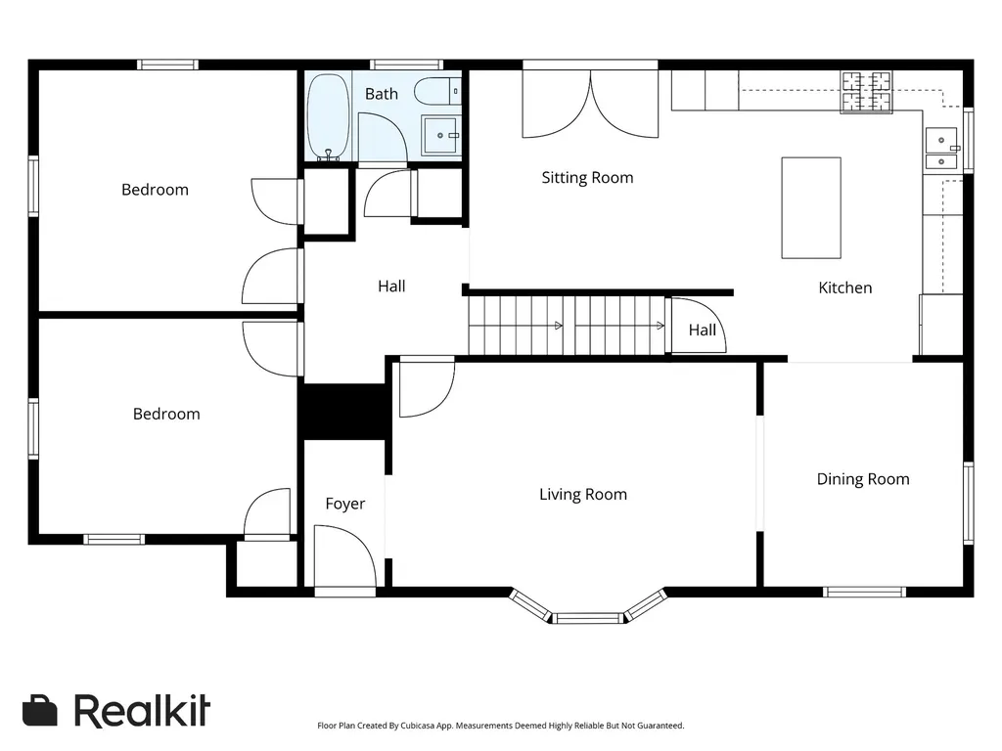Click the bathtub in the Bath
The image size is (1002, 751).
(x=329, y=116)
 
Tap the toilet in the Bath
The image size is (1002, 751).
(x=437, y=91)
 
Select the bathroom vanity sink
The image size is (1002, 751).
(x=439, y=135)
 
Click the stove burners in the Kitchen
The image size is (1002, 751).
(x=866, y=92)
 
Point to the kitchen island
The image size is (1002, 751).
(x=811, y=207)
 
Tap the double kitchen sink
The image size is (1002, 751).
(x=941, y=149)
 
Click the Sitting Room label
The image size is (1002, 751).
(x=587, y=178)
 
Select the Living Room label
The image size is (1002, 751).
(x=583, y=494)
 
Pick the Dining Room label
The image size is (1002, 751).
(x=863, y=479)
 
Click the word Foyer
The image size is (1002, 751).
(x=345, y=504)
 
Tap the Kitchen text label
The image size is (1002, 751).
(x=844, y=288)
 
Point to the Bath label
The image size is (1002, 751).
(x=382, y=94)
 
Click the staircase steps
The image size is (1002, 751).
(x=567, y=326)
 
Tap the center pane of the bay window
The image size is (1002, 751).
(x=587, y=618)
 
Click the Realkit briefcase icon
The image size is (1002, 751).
(x=39, y=710)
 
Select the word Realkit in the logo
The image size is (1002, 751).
(x=142, y=711)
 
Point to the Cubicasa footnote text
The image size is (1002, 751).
(x=500, y=726)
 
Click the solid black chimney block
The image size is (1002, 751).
(x=344, y=412)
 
